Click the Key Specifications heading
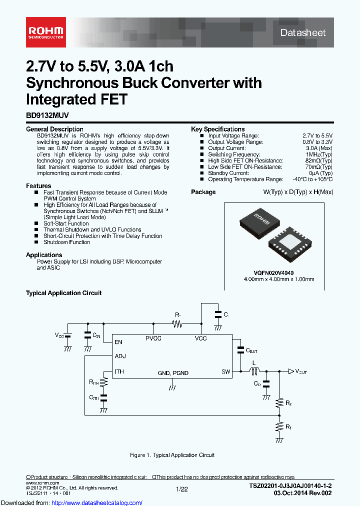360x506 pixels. pos(217,129)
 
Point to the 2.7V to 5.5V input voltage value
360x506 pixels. pos(317,135)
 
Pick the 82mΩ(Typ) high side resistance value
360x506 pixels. pos(319,160)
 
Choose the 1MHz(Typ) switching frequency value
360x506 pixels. pos(319,154)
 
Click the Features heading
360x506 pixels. pos(38,186)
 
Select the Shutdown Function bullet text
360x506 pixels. pos(66,242)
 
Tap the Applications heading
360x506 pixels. pos(44,255)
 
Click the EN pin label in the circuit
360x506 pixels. pos(118,342)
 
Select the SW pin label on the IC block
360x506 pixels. pos(225,371)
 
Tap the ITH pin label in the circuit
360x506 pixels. pos(119,371)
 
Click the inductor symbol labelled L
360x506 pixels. pos(254,371)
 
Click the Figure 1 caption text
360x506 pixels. pos(172,455)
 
